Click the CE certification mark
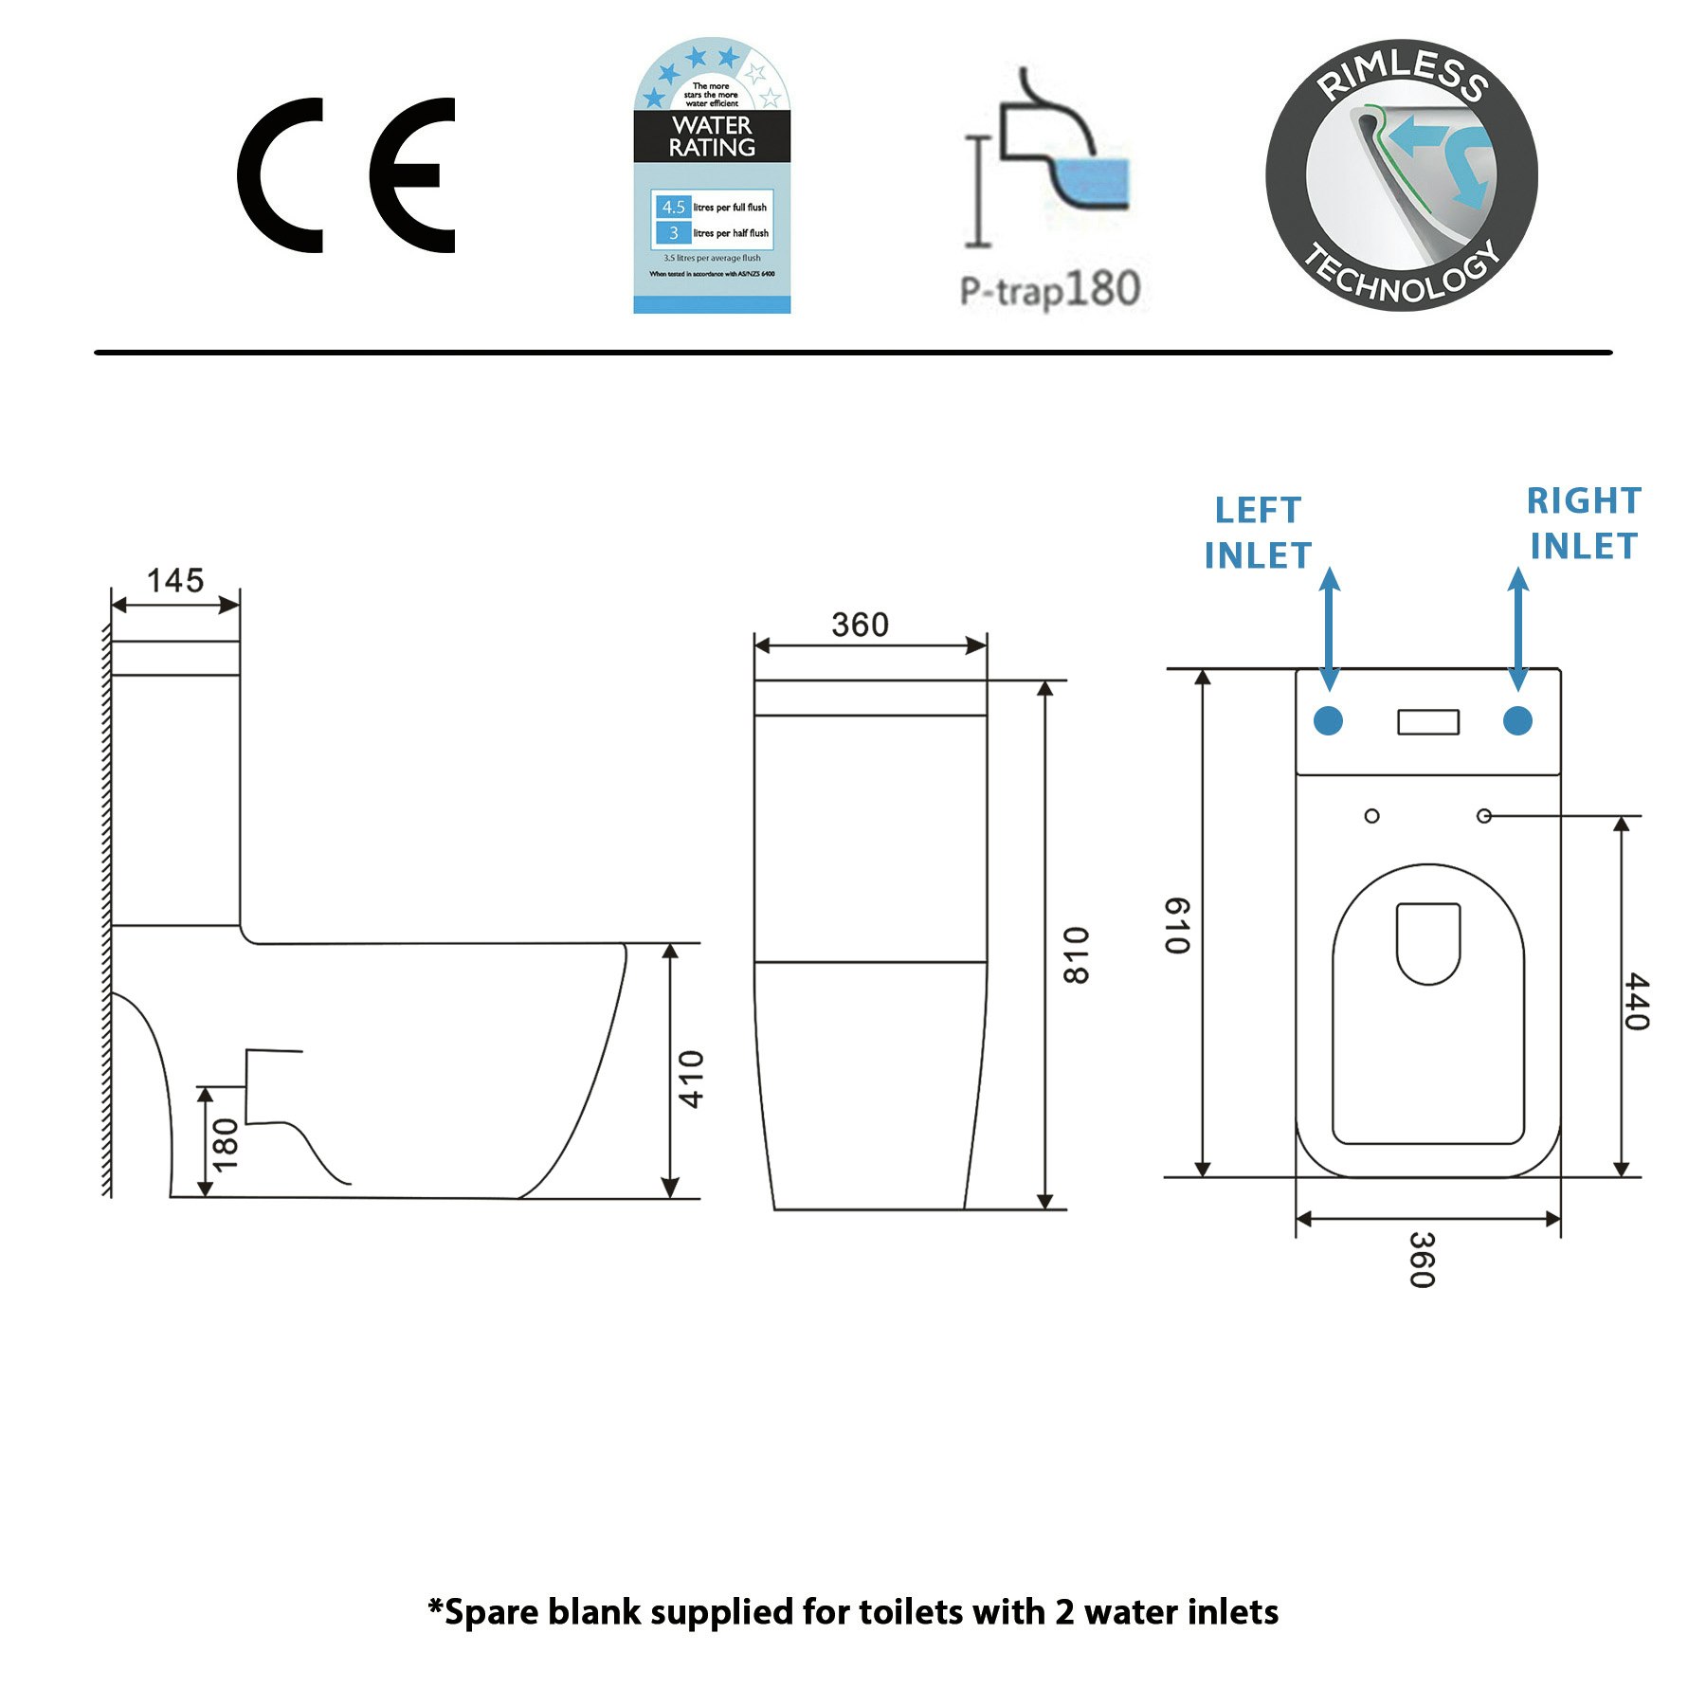pyautogui.click(x=346, y=175)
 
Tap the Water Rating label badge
pyautogui.click(x=712, y=176)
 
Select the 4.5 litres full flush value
pyautogui.click(x=673, y=207)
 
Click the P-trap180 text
pyautogui.click(x=1050, y=289)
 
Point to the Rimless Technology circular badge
pyautogui.click(x=1401, y=175)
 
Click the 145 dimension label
pyautogui.click(x=175, y=580)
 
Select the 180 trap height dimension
pyautogui.click(x=226, y=1144)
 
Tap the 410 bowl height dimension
pyautogui.click(x=692, y=1079)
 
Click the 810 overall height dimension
pyautogui.click(x=1077, y=955)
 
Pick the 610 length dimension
pyautogui.click(x=1177, y=925)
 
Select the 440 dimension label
pyautogui.click(x=1637, y=1001)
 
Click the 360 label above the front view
pyautogui.click(x=860, y=625)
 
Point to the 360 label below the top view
pyautogui.click(x=1422, y=1260)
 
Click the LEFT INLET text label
pyautogui.click(x=1258, y=533)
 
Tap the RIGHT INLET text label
pyautogui.click(x=1584, y=523)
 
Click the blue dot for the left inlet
pyautogui.click(x=1329, y=721)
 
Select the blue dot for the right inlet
pyautogui.click(x=1517, y=721)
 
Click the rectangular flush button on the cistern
pyautogui.click(x=1428, y=722)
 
